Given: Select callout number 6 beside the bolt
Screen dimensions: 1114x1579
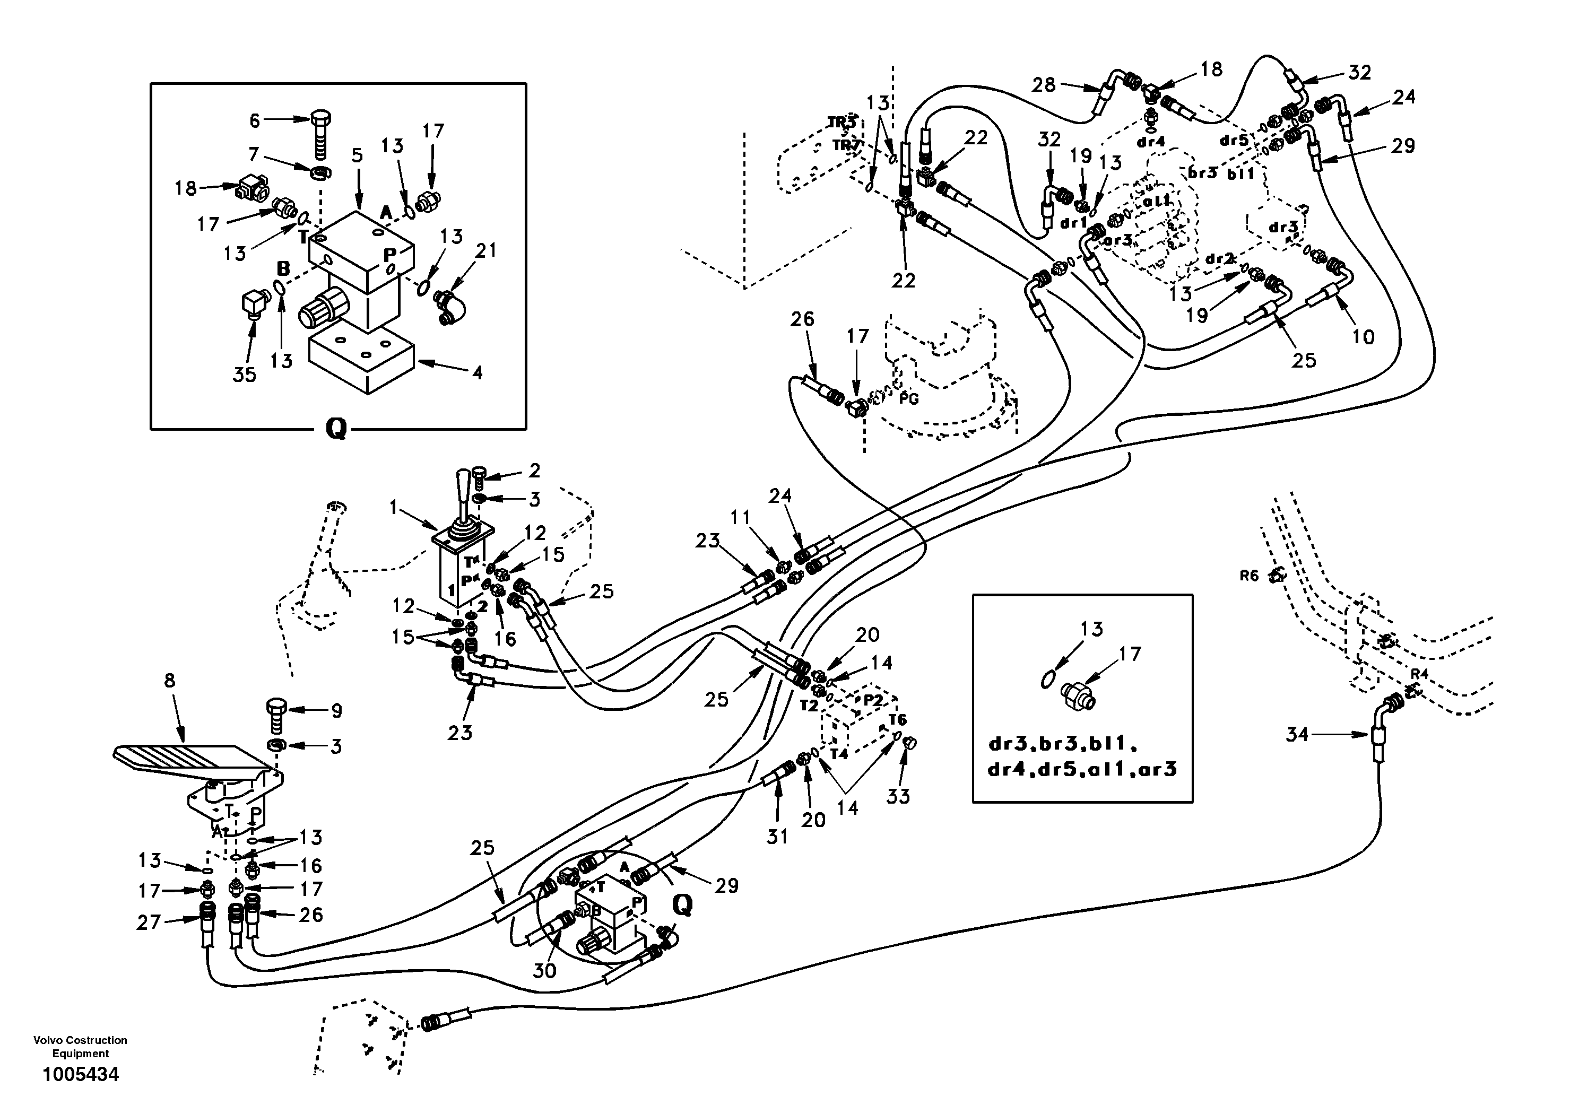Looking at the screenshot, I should click(255, 121).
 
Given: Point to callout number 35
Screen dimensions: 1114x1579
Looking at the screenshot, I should click(245, 374).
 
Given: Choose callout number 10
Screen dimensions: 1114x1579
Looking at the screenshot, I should click(1363, 336).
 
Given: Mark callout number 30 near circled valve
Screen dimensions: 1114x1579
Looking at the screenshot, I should click(545, 970).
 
